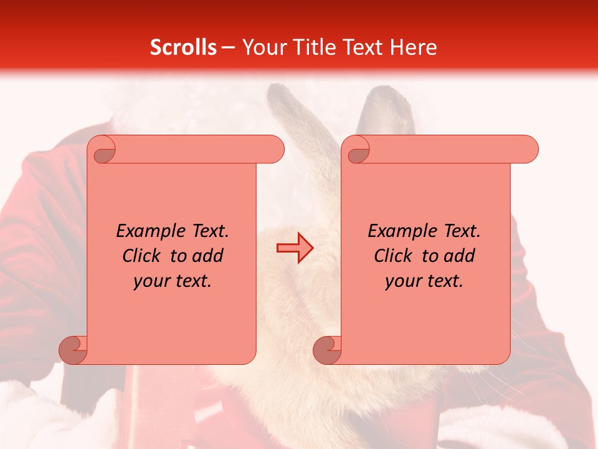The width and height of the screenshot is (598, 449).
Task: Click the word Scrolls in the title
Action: [x=183, y=47]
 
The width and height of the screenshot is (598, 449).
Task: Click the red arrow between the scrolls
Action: [x=295, y=248]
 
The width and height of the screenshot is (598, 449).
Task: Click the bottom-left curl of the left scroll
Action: [x=73, y=349]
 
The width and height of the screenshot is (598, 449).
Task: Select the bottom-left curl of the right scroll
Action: [x=327, y=349]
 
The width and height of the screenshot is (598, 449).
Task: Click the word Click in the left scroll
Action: [x=141, y=256]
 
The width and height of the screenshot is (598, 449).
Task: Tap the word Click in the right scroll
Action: [x=393, y=256]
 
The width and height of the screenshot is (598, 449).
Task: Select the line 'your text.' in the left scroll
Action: [x=173, y=281]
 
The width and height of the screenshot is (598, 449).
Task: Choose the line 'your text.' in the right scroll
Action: [x=424, y=281]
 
